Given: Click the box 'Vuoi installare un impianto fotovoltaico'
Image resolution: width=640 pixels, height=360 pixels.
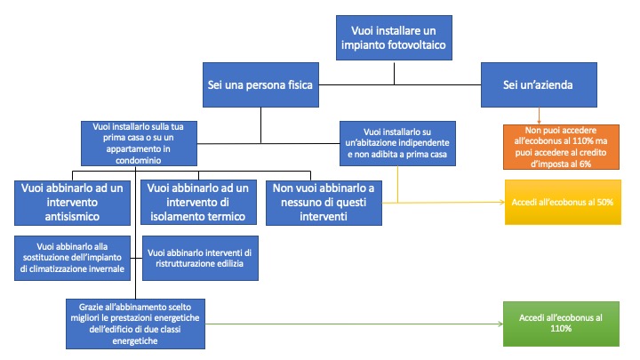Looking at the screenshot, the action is pos(394,38).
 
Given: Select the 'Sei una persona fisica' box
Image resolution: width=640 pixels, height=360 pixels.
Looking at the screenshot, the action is pos(260,85).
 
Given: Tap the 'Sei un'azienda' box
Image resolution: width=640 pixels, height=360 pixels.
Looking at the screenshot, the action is pos(539,85).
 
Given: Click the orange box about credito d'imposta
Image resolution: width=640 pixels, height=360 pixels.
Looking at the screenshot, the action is pos(561,147).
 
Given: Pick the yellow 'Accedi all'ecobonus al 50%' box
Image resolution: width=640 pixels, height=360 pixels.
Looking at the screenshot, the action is pos(563,202).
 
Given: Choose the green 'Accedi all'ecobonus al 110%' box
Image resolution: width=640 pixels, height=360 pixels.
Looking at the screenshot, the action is pos(561,324).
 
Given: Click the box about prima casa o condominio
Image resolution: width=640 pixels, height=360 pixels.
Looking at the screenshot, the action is pos(139,143).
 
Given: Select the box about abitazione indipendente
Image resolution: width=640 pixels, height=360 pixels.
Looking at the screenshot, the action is pos(397,143).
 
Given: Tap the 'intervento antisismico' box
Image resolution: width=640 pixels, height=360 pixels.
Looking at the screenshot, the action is pos(72,203).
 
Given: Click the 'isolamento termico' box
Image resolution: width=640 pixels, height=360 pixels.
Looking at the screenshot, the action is pos(199,203).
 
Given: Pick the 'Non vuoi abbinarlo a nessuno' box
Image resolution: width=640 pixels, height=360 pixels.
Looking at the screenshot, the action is pos(324,203).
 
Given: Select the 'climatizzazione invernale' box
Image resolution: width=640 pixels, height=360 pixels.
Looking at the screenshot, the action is pos(72,258).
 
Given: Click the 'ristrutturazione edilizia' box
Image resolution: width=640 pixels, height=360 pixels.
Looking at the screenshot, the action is pos(200,258).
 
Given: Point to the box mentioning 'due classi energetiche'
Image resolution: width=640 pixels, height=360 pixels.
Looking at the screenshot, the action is pos(135,324).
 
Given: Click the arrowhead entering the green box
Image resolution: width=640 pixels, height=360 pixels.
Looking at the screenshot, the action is pos(501,324).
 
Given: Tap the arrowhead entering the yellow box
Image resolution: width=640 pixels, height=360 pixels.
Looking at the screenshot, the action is pos(503,202).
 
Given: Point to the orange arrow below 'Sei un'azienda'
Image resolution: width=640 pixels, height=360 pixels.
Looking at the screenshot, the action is pos(539,116).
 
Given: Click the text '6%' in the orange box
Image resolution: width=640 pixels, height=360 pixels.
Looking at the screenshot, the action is pos(585,164).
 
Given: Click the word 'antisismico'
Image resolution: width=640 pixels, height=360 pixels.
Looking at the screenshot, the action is pos(72,216).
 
